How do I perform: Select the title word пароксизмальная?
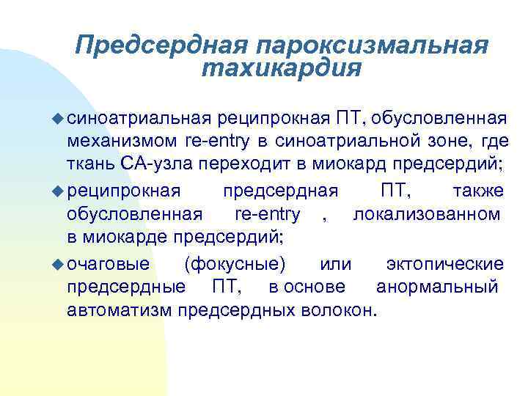[x=372, y=45]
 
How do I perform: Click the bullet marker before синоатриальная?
[x=59, y=117]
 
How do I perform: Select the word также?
[x=478, y=191]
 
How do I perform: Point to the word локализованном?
[x=427, y=214]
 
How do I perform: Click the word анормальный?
[x=437, y=286]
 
